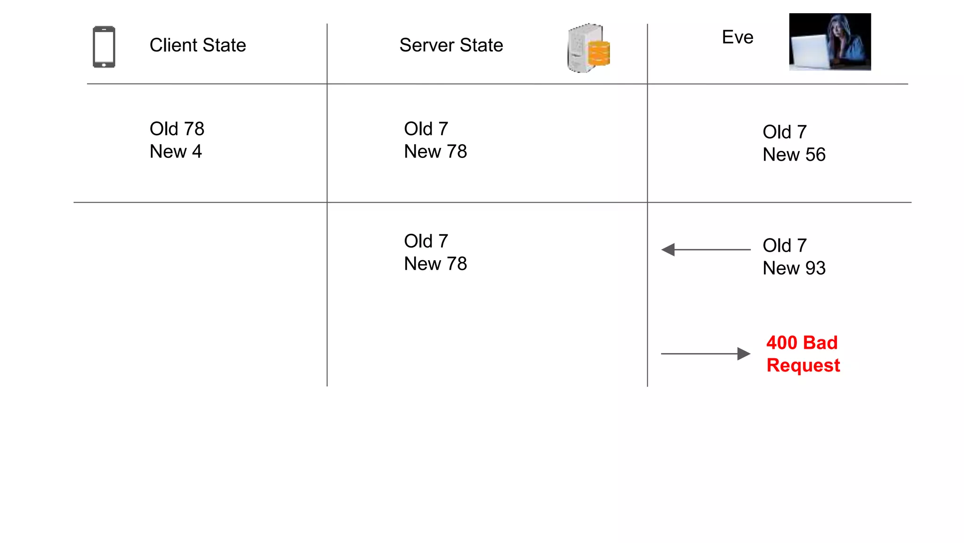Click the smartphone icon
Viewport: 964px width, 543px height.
[104, 47]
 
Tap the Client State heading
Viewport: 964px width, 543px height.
[198, 45]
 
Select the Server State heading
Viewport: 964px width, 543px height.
[451, 45]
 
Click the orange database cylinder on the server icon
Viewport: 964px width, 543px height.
[599, 53]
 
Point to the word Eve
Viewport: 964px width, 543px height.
[738, 37]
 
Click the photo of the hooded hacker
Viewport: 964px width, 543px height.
[830, 41]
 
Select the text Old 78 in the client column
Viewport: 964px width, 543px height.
[177, 129]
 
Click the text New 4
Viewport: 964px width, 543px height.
[176, 152]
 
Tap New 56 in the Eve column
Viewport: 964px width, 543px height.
[794, 155]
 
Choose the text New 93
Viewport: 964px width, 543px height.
[794, 268]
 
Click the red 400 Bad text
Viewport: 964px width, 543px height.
[802, 343]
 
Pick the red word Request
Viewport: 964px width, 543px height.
[803, 365]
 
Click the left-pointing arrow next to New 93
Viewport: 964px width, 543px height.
[705, 250]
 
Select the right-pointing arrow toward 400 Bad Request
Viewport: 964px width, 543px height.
[705, 354]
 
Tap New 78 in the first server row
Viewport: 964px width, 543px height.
[435, 152]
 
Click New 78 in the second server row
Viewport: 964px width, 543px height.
[435, 264]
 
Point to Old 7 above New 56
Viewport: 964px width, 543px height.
[785, 132]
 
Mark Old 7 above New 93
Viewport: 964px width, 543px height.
[785, 246]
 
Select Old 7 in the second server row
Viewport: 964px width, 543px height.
[426, 241]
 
